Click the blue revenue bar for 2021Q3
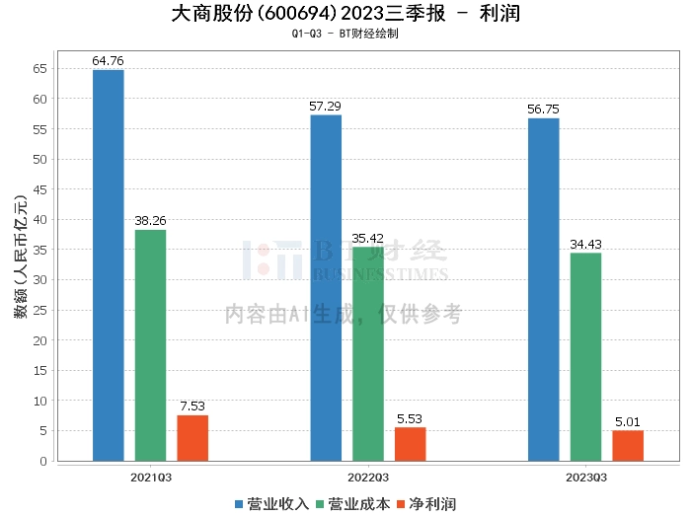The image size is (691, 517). [x=109, y=265]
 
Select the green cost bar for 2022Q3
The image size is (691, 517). [x=368, y=354]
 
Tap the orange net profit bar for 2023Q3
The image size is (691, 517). [x=628, y=446]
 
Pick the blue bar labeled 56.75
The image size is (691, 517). [x=543, y=289]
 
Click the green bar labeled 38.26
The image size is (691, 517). [x=150, y=345]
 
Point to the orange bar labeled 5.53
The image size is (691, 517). [x=410, y=444]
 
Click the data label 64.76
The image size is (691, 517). [x=108, y=61]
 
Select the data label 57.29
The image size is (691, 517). [x=325, y=107]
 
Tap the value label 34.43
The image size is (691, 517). [x=585, y=244]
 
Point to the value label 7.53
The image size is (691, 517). [x=192, y=406]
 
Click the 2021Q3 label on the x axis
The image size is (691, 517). [x=151, y=478]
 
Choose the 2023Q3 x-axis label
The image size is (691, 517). [x=586, y=478]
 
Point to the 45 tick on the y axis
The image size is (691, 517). [x=40, y=189]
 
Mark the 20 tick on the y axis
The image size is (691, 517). [x=40, y=340]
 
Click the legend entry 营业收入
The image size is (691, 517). [x=271, y=504]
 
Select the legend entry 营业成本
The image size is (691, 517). [x=353, y=504]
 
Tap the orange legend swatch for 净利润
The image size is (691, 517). [x=401, y=504]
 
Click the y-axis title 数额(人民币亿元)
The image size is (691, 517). [x=21, y=257]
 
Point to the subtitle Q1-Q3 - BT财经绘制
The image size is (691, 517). [x=345, y=34]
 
